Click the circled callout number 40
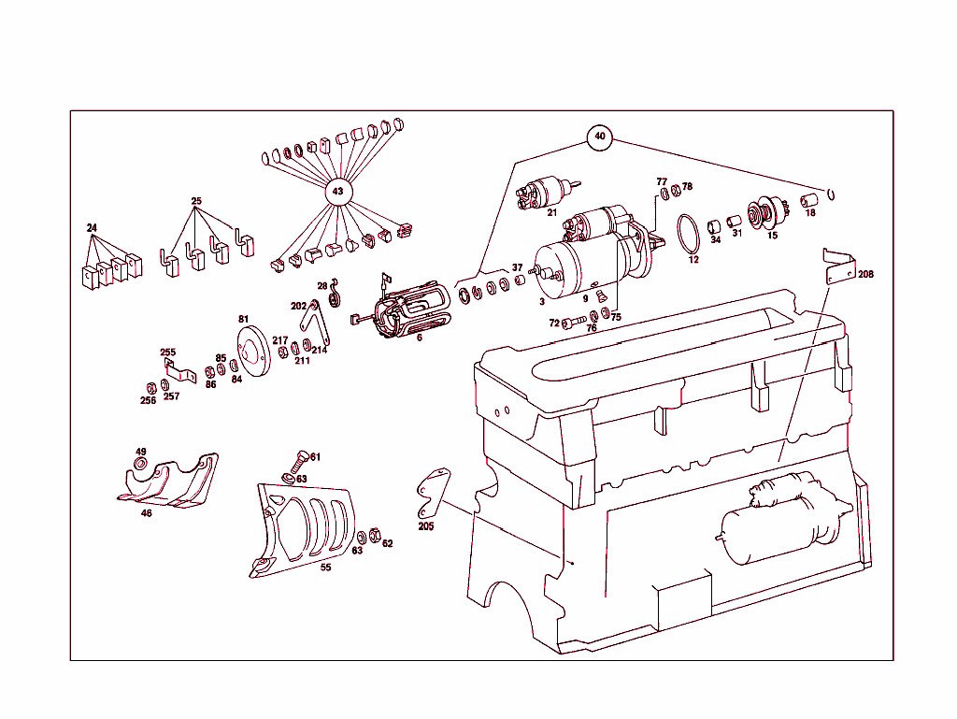click(x=599, y=137)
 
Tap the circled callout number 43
click(x=337, y=192)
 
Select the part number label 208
click(x=865, y=274)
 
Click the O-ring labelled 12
click(x=678, y=234)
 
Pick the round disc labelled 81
click(x=252, y=352)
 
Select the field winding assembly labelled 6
click(x=403, y=309)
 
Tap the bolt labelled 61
click(x=298, y=463)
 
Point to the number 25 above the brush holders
click(x=196, y=201)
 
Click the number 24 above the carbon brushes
click(x=92, y=227)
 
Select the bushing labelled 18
click(x=809, y=200)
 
